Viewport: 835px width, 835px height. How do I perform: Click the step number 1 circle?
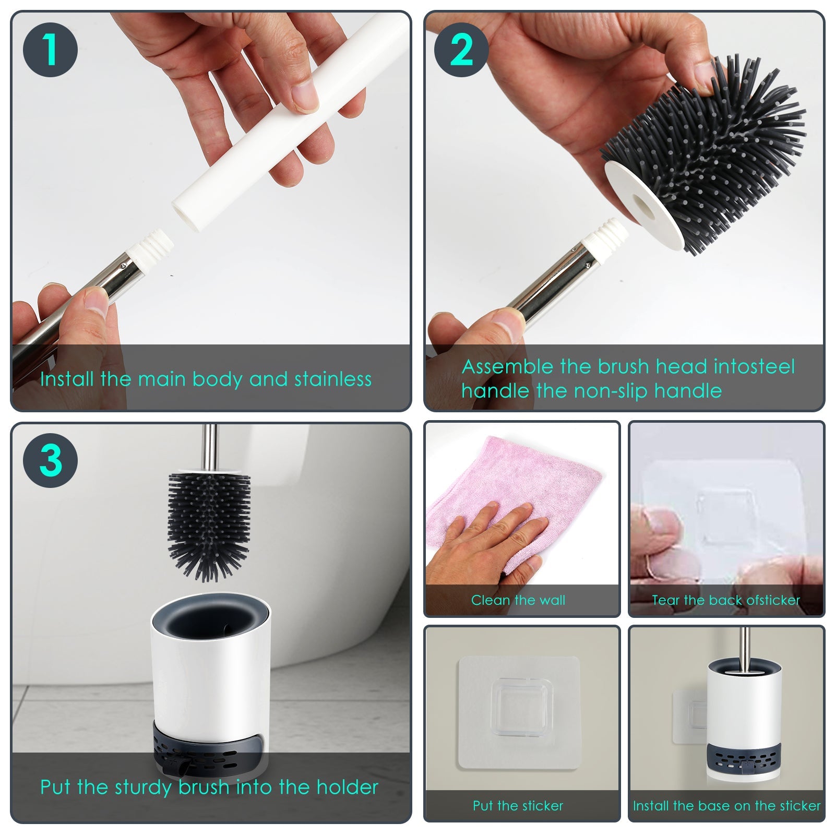pyautogui.click(x=50, y=50)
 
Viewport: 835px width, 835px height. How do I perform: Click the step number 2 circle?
pyautogui.click(x=461, y=50)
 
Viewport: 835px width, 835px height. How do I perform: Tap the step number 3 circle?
pyautogui.click(x=50, y=461)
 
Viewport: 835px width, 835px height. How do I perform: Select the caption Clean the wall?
pyautogui.click(x=518, y=600)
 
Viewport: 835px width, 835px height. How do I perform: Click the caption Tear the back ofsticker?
pyautogui.click(x=725, y=600)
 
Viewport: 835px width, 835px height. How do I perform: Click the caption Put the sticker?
pyautogui.click(x=518, y=806)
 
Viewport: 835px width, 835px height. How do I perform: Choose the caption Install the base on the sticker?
pyautogui.click(x=726, y=806)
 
